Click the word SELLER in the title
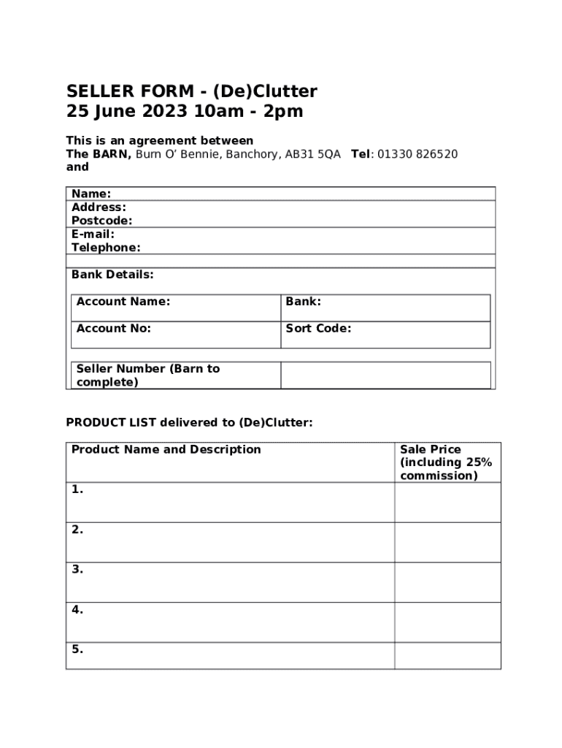pyautogui.click(x=100, y=91)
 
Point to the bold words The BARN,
pyautogui.click(x=99, y=154)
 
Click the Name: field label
pyautogui.click(x=91, y=194)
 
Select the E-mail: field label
pyautogui.click(x=93, y=234)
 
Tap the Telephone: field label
pyautogui.click(x=106, y=248)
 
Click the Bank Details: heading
pyautogui.click(x=112, y=275)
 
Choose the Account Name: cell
pyautogui.click(x=175, y=308)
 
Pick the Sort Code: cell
pyautogui.click(x=385, y=335)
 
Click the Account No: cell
pyautogui.click(x=175, y=335)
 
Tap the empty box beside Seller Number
pyautogui.click(x=385, y=375)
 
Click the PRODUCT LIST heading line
pyautogui.click(x=189, y=422)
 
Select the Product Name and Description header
pyautogui.click(x=166, y=449)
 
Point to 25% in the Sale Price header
pyautogui.click(x=478, y=462)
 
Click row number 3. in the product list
pyautogui.click(x=77, y=569)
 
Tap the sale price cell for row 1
pyautogui.click(x=447, y=502)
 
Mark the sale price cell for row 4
pyautogui.click(x=447, y=622)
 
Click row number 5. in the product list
pyautogui.click(x=77, y=649)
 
